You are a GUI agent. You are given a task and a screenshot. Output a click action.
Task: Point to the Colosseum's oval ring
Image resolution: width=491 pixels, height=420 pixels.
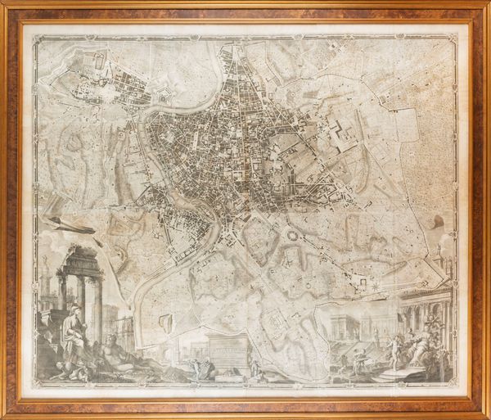click(293, 235)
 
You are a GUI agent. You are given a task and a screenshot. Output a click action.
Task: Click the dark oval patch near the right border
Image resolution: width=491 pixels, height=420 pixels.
click(438, 221)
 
